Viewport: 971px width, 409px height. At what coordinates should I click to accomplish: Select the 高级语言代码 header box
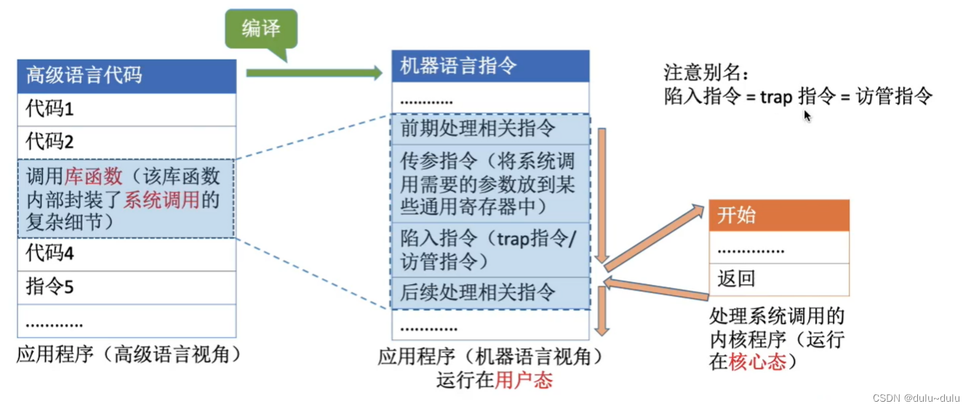(127, 76)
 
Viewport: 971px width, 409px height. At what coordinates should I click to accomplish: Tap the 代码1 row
(127, 110)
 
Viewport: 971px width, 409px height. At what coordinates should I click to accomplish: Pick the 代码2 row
(127, 142)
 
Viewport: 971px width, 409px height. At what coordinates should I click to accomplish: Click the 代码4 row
(127, 254)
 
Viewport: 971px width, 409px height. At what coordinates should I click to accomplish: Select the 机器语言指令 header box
(490, 66)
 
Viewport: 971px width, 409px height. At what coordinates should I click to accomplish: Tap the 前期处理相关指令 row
(490, 129)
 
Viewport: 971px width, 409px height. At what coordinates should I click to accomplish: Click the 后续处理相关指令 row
(490, 293)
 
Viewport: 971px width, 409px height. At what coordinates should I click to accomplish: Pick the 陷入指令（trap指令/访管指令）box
(490, 249)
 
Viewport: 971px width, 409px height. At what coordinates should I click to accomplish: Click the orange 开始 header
(778, 215)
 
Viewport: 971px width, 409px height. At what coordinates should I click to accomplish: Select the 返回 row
(778, 279)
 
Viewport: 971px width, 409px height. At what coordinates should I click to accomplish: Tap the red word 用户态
(524, 380)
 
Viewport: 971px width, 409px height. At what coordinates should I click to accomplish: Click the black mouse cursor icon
(807, 116)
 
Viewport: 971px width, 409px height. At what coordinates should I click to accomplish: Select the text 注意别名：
(705, 73)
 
